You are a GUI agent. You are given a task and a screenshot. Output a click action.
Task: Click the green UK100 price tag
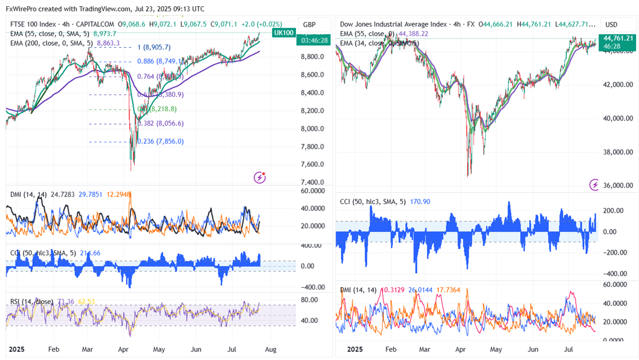click(x=283, y=33)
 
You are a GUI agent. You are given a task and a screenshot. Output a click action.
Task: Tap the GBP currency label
click(x=309, y=25)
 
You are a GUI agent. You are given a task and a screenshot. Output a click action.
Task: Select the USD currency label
click(x=611, y=25)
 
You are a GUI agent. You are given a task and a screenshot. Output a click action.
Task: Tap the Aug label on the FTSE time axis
click(x=270, y=349)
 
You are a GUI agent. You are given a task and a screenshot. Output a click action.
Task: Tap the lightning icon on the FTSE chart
click(x=260, y=178)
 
